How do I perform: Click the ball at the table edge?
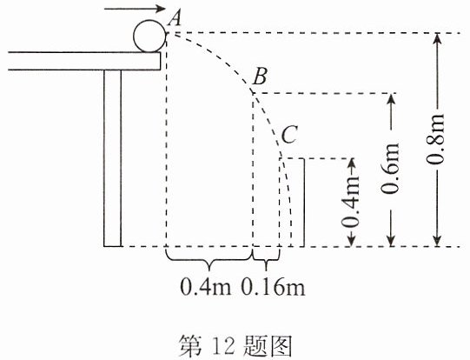coord(149,36)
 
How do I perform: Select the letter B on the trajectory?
coord(259,77)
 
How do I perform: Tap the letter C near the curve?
coord(289,135)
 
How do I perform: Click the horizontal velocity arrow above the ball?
coord(135,9)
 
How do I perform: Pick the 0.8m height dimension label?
coord(436,138)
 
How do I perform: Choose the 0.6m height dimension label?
coord(391,169)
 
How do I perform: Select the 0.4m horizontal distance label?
coord(206,287)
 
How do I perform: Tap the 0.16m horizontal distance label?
coord(274,287)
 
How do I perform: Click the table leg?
coord(113,158)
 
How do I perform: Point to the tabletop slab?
coord(84,61)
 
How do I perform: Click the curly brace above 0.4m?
coord(209,260)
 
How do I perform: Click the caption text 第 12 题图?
coord(235,346)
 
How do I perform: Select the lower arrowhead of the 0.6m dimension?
coord(391,241)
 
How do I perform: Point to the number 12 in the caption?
coord(223,347)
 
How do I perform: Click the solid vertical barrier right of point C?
coord(304,203)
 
